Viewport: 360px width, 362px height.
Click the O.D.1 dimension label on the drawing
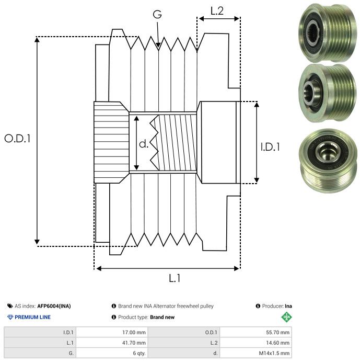click(x=17, y=139)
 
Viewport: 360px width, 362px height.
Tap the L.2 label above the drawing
click(x=217, y=11)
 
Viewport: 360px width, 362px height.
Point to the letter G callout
click(x=157, y=14)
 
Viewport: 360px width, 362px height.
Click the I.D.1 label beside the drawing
click(x=270, y=147)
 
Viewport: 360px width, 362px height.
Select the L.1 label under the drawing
click(x=175, y=278)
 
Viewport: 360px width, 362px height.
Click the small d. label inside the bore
click(x=144, y=144)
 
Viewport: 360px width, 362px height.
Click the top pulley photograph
click(x=328, y=33)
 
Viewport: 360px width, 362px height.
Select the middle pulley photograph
click(x=328, y=93)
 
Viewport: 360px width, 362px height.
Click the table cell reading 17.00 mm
click(x=112, y=333)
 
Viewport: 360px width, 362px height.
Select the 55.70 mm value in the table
click(x=256, y=333)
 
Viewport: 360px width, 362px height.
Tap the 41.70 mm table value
click(x=112, y=343)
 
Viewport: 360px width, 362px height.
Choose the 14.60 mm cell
click(x=256, y=343)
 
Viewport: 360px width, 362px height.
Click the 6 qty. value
click(x=112, y=353)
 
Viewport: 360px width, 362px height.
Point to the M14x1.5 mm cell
click(x=256, y=353)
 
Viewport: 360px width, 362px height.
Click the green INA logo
click(x=286, y=317)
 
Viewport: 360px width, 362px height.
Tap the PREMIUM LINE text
click(x=32, y=317)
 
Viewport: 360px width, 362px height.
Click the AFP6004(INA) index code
click(x=54, y=306)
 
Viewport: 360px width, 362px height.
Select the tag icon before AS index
click(x=10, y=306)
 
